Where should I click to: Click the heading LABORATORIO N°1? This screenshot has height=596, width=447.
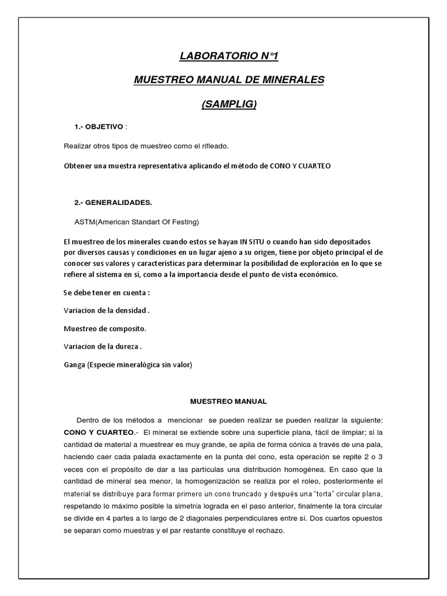tap(229, 56)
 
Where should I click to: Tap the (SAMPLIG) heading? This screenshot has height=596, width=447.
tap(229, 104)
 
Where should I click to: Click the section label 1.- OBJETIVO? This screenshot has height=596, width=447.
tap(98, 127)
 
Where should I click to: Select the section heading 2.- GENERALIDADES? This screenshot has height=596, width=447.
tap(113, 202)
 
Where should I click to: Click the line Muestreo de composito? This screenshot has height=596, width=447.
tap(105, 328)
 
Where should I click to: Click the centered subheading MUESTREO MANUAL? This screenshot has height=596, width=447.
tap(229, 401)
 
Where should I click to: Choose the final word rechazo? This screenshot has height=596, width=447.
tap(271, 532)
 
